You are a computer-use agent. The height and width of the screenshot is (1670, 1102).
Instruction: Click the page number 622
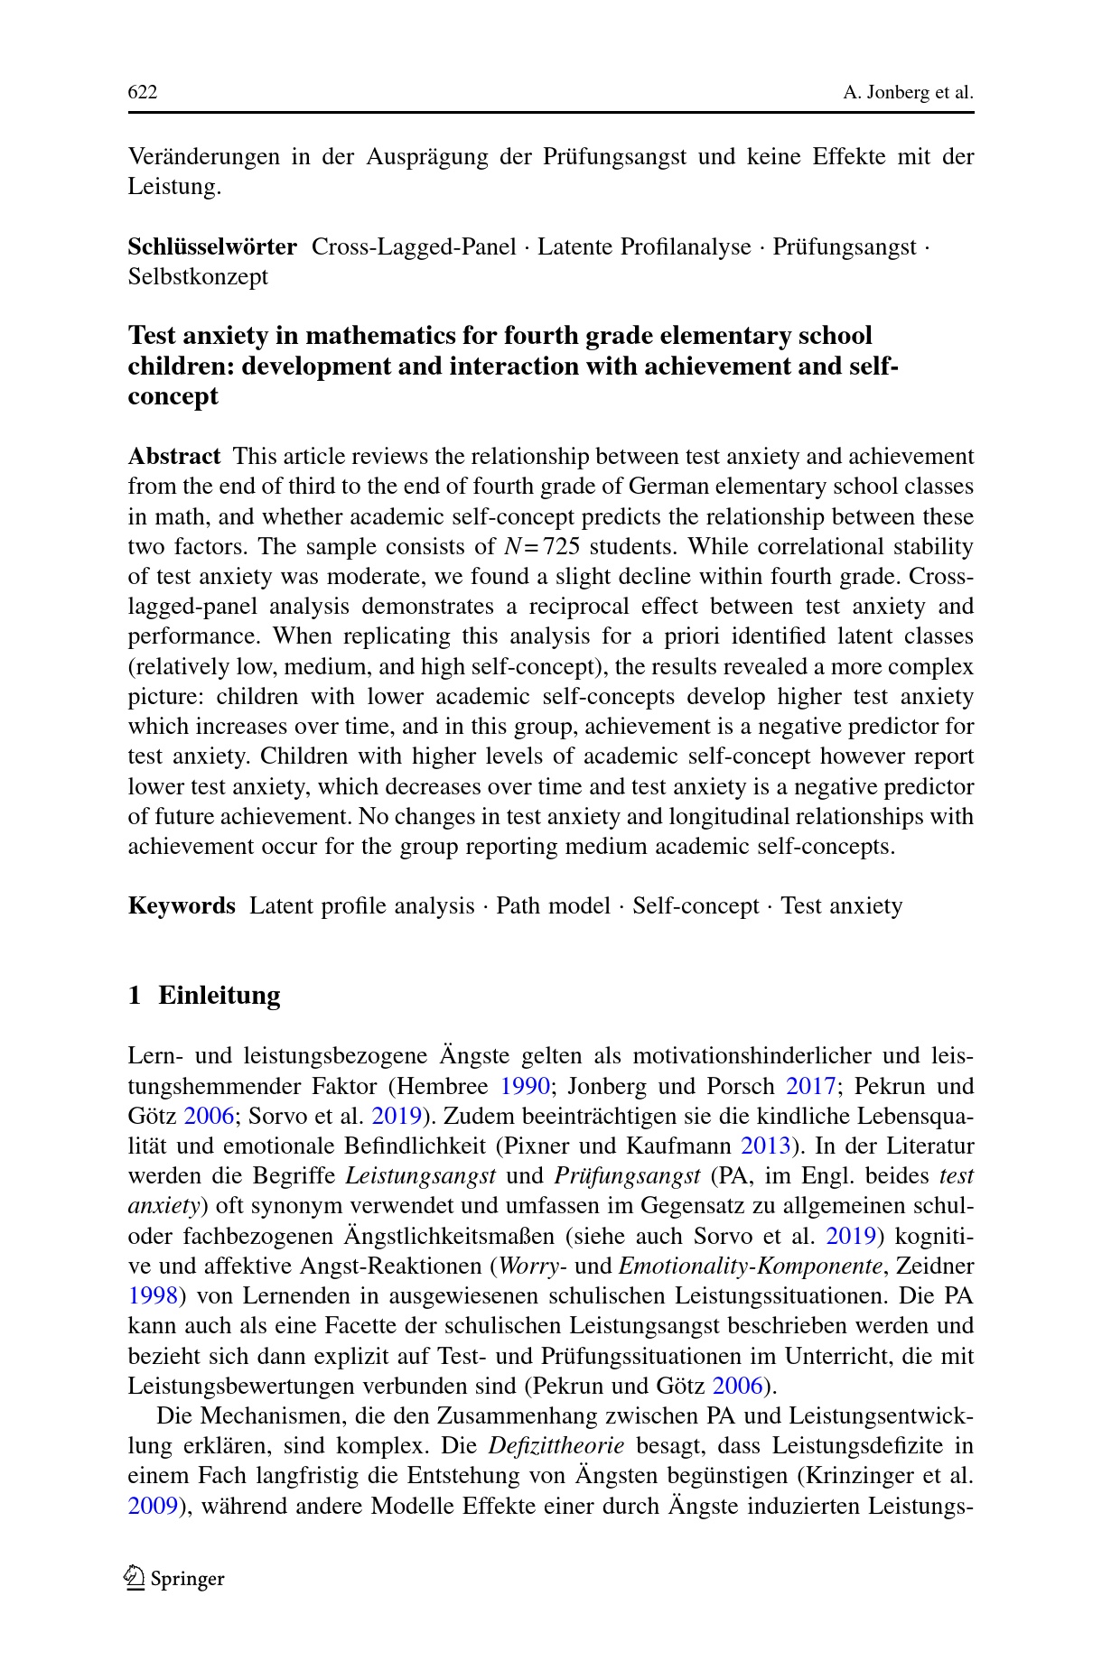tap(143, 93)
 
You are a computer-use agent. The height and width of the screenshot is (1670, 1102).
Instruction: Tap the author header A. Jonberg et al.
tap(908, 93)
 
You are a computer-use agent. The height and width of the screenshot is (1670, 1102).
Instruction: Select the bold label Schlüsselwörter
tap(212, 246)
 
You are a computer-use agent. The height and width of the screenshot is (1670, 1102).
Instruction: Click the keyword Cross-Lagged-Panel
tap(414, 246)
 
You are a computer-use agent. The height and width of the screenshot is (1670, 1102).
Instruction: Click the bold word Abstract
tap(174, 456)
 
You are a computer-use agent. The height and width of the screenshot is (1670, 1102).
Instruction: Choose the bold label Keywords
tap(182, 905)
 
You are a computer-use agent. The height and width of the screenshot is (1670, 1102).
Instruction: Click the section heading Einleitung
tap(219, 995)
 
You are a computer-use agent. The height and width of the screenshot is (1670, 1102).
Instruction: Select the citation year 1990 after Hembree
tap(525, 1085)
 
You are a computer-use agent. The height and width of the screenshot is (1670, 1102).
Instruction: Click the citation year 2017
tap(810, 1085)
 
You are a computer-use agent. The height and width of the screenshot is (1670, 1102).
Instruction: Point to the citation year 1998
tap(153, 1295)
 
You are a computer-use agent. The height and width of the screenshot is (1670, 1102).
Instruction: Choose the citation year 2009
tap(153, 1506)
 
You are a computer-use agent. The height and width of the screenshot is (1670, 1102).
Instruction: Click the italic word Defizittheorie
tap(556, 1445)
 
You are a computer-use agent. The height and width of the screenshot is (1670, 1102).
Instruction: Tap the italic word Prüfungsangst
tap(627, 1175)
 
